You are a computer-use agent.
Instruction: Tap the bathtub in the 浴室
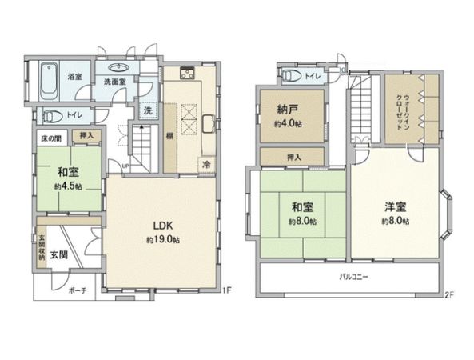47,81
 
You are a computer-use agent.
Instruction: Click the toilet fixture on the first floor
50,114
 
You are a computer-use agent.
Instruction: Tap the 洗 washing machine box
148,110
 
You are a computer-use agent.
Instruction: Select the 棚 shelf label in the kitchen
170,137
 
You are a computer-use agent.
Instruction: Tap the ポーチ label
78,290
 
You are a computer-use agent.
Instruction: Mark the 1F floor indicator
226,290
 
